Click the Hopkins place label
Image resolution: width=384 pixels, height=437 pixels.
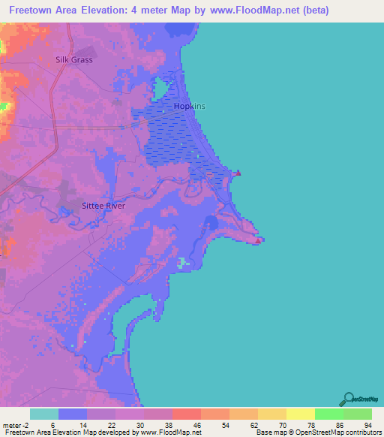click(189, 106)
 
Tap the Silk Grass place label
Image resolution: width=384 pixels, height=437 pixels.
click(73, 59)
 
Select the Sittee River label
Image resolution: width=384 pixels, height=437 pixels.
click(103, 204)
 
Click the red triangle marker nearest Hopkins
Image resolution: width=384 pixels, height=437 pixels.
click(239, 173)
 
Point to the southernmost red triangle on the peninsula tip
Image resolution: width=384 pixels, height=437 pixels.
click(259, 241)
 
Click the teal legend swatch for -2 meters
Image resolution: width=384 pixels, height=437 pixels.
click(44, 414)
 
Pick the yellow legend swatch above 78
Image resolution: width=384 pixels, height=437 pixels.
click(300, 414)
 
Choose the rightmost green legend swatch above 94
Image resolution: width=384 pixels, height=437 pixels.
click(357, 414)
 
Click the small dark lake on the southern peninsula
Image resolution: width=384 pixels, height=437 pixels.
click(211, 223)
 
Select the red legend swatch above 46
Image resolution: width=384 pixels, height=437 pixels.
click(186, 414)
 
